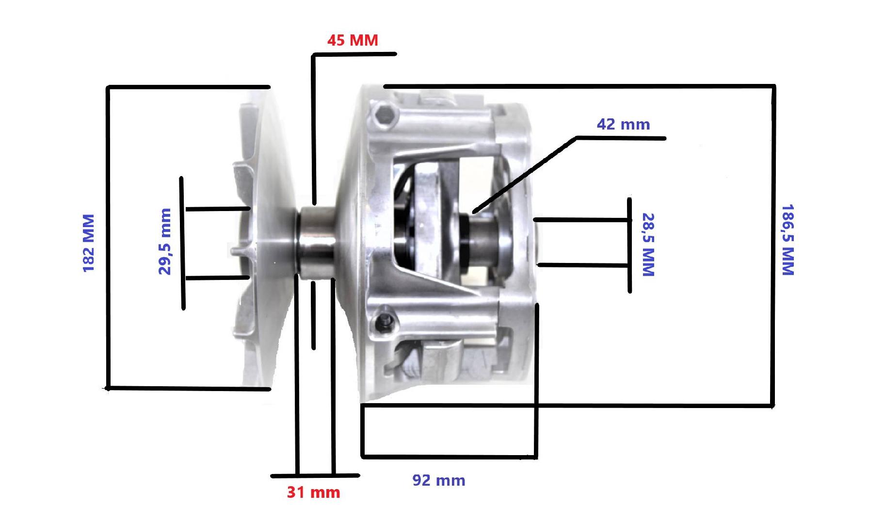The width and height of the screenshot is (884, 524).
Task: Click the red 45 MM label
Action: point(353,40)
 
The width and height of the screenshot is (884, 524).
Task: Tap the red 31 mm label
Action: point(313,492)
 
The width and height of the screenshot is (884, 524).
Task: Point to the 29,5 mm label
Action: point(165,241)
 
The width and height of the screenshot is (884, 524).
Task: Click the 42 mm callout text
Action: point(623,124)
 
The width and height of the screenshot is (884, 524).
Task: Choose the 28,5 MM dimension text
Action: point(648,245)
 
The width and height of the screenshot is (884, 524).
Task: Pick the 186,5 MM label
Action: point(788,240)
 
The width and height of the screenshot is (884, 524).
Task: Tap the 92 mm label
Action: point(439,480)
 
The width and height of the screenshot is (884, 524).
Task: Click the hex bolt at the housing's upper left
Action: point(384,115)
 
